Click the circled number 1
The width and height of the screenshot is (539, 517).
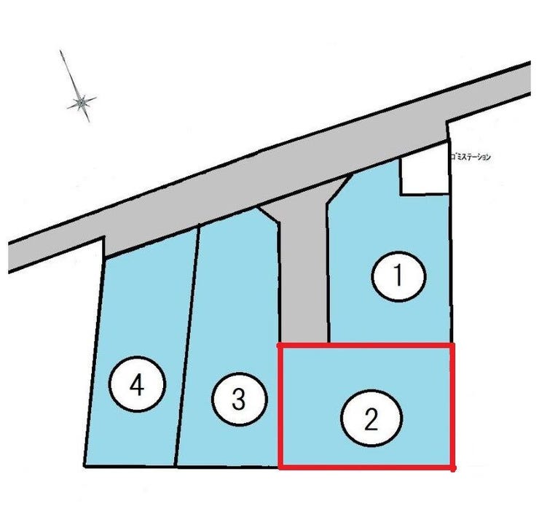point(398,276)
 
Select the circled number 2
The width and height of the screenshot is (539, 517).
point(371,418)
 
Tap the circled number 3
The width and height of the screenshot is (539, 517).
point(239,400)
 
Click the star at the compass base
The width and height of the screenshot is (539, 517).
point(82,102)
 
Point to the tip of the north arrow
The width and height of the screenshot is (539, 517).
point(60,50)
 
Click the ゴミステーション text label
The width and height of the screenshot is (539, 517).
point(471,158)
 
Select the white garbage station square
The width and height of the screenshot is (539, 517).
point(425,172)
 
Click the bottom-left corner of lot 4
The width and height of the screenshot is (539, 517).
point(84,466)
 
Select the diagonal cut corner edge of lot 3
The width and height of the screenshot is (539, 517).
point(268,215)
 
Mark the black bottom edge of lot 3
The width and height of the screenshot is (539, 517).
point(227,467)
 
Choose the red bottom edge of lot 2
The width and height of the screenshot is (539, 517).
point(366,467)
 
